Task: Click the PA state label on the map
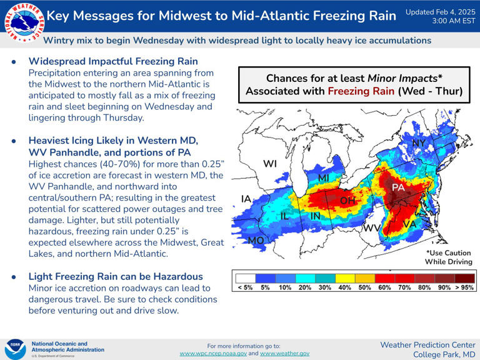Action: pos(398,187)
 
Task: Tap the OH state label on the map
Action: pos(347,201)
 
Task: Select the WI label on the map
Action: pos(270,164)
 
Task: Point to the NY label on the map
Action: pos(419,144)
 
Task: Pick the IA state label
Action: pos(246,199)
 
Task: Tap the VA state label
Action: pos(410,224)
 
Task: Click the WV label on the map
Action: pos(372,228)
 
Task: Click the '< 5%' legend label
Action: pos(244,287)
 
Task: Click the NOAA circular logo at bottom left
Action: pos(15,348)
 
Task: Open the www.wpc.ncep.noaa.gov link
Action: pos(212,354)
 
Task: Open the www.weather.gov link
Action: pos(284,354)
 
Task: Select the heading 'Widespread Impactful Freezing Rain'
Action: pos(113,61)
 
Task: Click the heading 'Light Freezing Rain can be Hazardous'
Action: pos(116,276)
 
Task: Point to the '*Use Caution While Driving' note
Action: pos(449,257)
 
